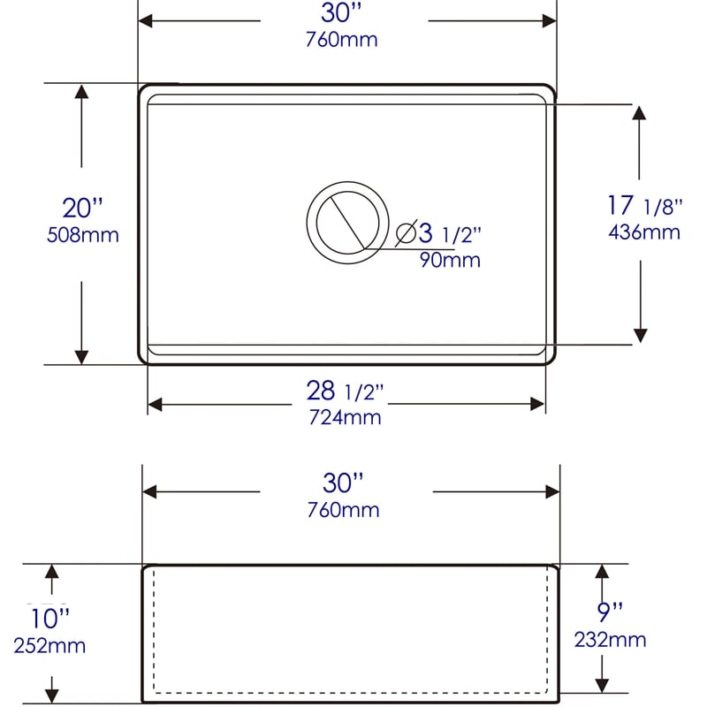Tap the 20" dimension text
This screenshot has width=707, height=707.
[82, 209]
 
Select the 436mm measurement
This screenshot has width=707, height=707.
[644, 232]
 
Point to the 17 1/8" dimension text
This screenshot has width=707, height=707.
[645, 206]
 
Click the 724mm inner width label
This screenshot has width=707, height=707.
[345, 417]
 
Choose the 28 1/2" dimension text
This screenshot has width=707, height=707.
[345, 391]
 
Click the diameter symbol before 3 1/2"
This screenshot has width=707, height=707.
[406, 233]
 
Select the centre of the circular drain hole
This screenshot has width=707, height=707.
[346, 223]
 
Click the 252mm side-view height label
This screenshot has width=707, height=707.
[49, 646]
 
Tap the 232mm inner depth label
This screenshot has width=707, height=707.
[610, 639]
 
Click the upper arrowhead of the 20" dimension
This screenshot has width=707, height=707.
[81, 92]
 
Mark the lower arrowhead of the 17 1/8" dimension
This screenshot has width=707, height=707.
[641, 335]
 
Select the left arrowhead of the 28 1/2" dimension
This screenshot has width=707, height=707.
[156, 404]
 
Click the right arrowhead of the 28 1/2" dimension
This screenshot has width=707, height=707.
[537, 404]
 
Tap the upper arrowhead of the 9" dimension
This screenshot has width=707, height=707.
[602, 573]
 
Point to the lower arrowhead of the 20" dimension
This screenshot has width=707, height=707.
[81, 355]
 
